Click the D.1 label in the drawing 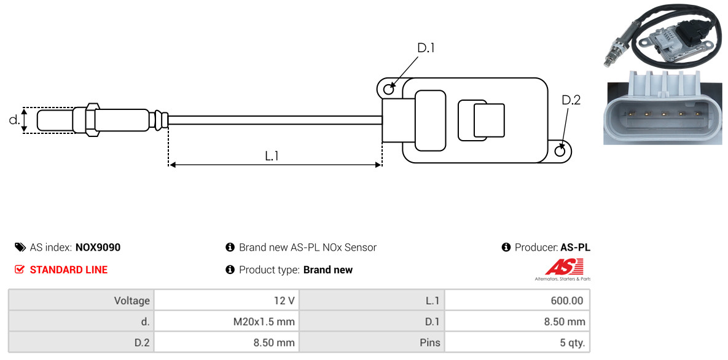point(426,48)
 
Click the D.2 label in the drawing point(571,100)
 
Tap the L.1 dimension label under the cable point(272,156)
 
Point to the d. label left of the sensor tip point(14,120)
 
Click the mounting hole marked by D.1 point(388,90)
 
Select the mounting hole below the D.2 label point(560,151)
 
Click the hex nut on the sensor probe point(90,119)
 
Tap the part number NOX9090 point(98,248)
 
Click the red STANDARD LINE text point(68,270)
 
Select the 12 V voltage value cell point(284,300)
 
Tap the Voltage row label point(131,300)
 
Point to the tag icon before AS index point(20,248)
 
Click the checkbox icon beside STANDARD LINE point(20,270)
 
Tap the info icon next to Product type point(230,270)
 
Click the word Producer point(536,248)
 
